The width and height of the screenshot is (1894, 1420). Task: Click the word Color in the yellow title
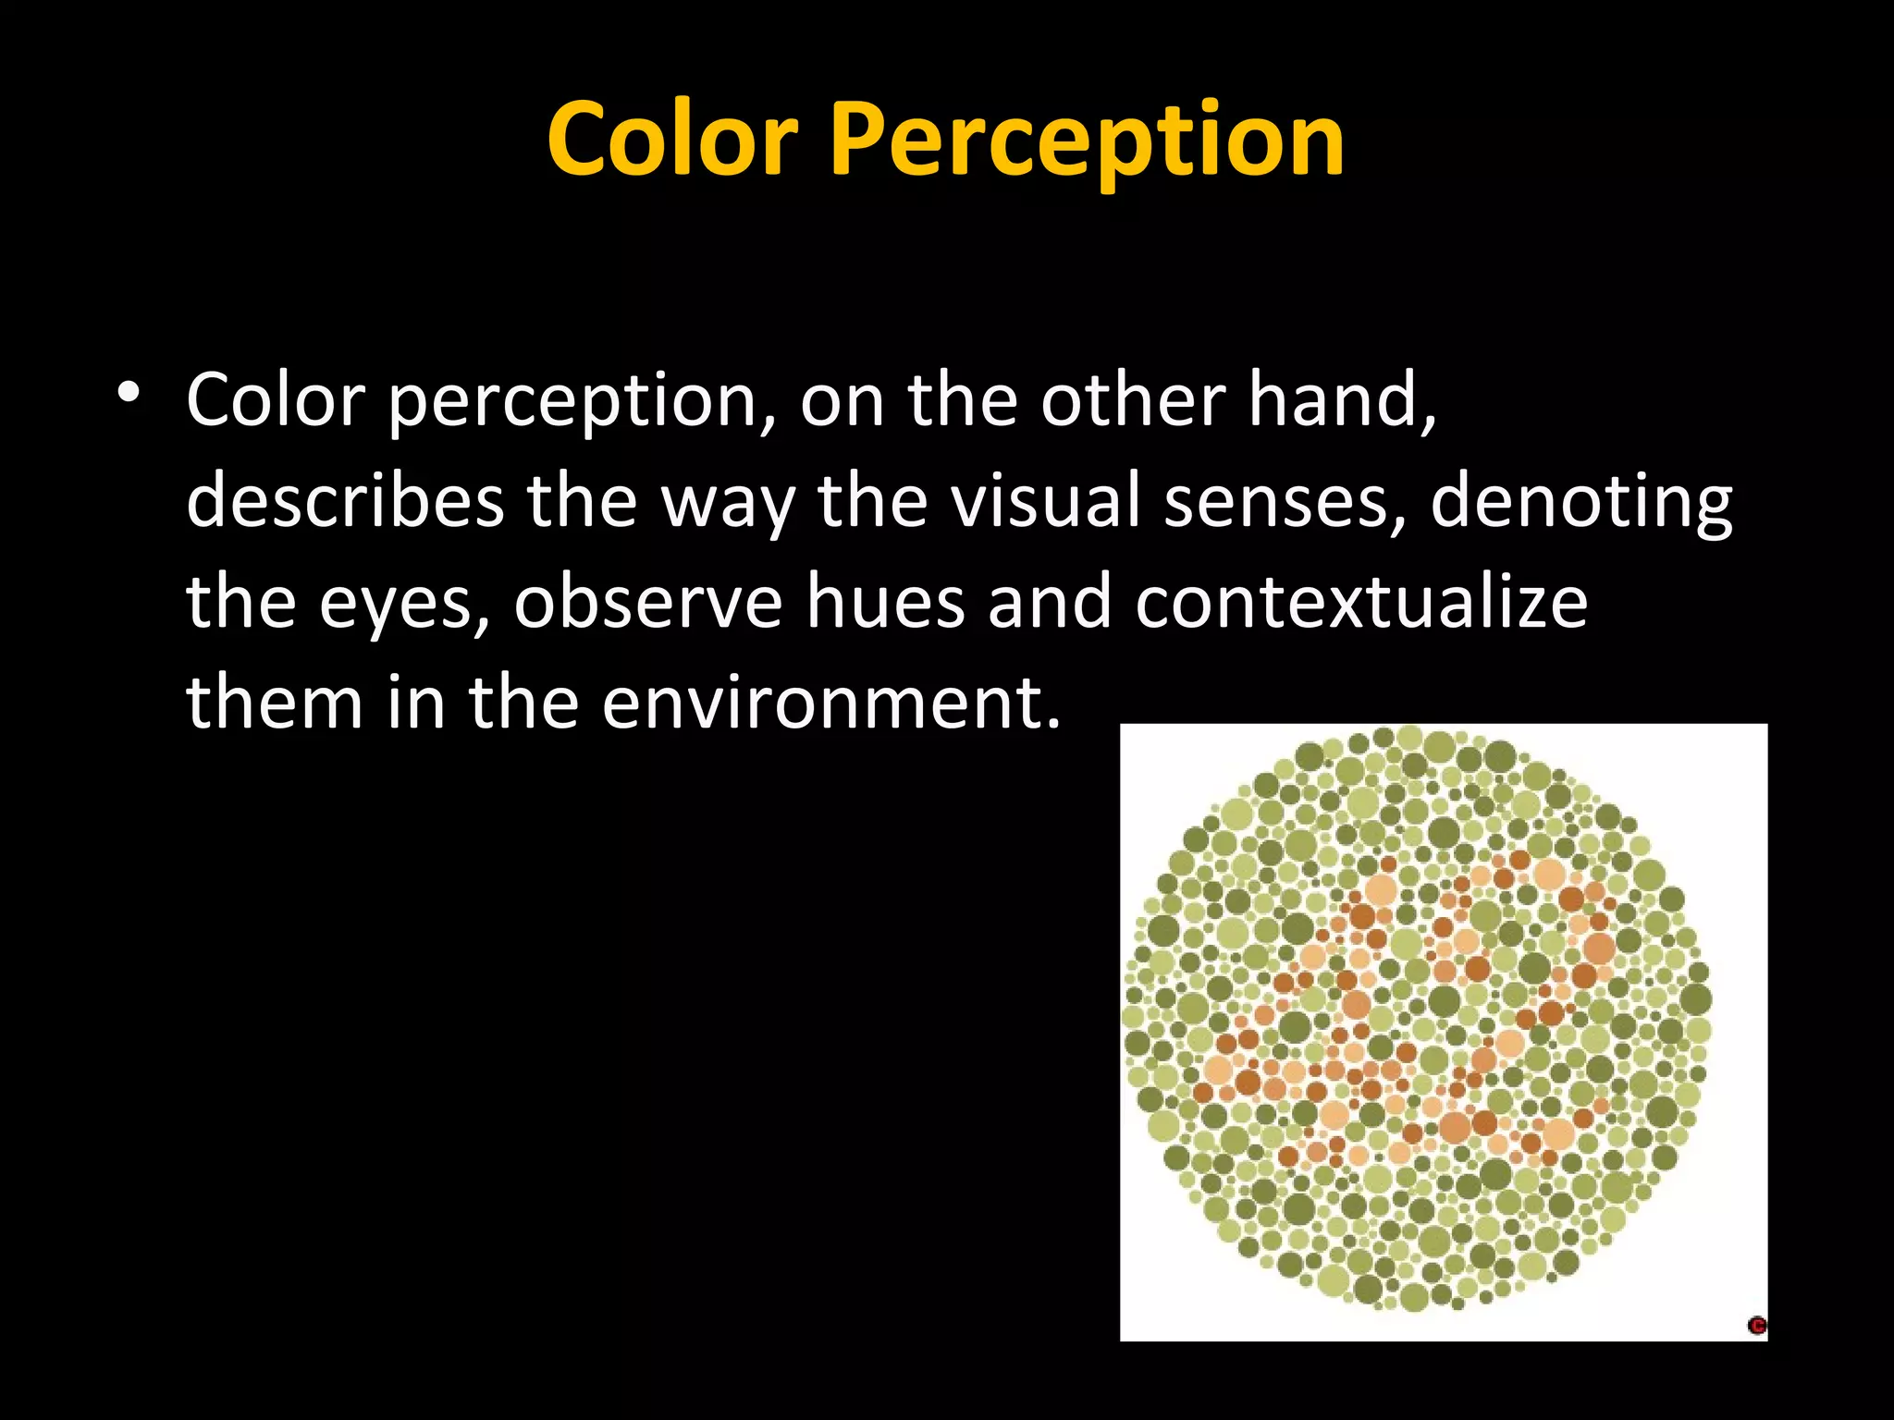click(672, 141)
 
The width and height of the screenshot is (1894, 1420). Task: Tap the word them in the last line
click(275, 703)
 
